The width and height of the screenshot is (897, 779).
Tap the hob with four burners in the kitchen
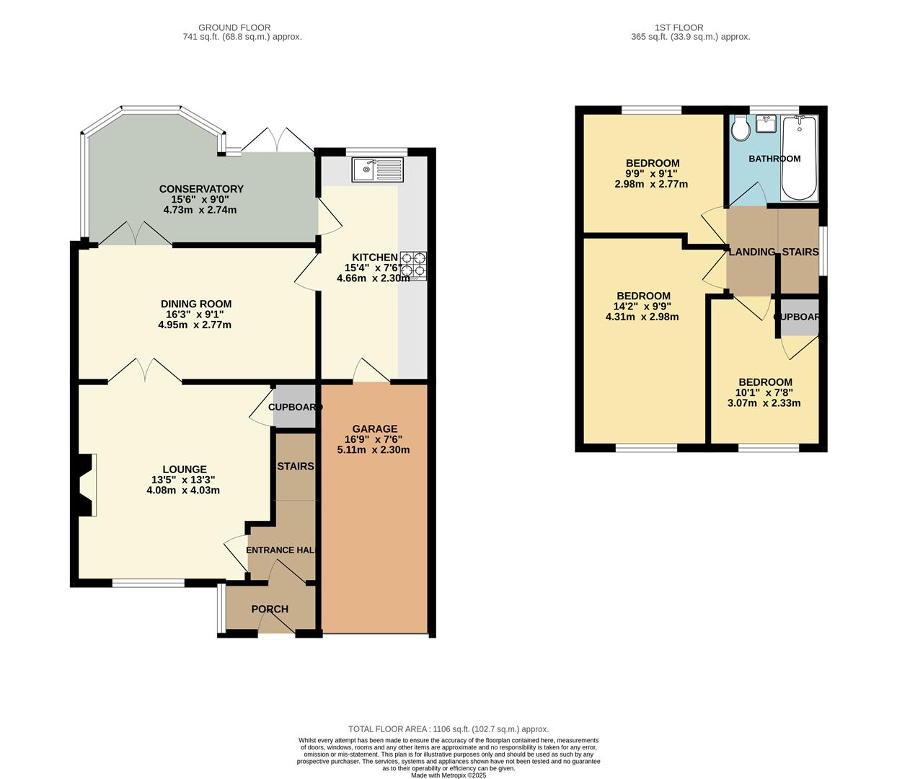click(413, 265)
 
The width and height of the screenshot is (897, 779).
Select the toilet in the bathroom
click(740, 130)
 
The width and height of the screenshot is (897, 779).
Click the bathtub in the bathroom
click(800, 158)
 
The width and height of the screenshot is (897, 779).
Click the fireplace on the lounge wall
click(84, 485)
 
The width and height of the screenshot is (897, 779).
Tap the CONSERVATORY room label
click(201, 189)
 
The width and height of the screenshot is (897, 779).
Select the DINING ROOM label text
click(195, 304)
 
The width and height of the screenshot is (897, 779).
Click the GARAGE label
click(374, 429)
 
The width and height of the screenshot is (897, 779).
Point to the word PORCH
click(270, 609)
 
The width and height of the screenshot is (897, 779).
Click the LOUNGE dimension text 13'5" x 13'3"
click(183, 480)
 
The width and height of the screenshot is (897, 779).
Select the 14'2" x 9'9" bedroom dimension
click(642, 306)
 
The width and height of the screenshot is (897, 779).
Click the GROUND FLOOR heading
click(242, 27)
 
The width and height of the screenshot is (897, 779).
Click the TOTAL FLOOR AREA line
click(448, 729)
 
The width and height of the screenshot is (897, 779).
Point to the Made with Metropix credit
click(448, 775)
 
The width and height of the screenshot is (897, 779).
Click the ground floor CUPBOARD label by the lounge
click(294, 408)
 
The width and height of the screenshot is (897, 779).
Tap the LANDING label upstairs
click(751, 252)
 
